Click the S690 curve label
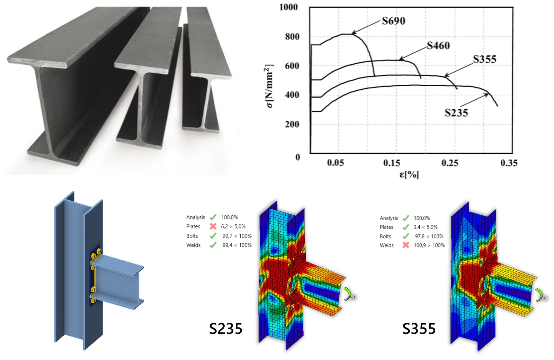(x=393, y=21)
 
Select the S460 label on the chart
(x=438, y=45)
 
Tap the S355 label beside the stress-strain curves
(x=485, y=59)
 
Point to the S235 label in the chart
(x=456, y=113)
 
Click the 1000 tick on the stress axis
(x=288, y=7)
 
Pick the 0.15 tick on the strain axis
(x=392, y=163)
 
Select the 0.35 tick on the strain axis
(x=509, y=163)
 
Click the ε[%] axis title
(x=409, y=174)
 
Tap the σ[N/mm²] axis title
(x=269, y=86)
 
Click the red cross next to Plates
(x=213, y=226)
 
